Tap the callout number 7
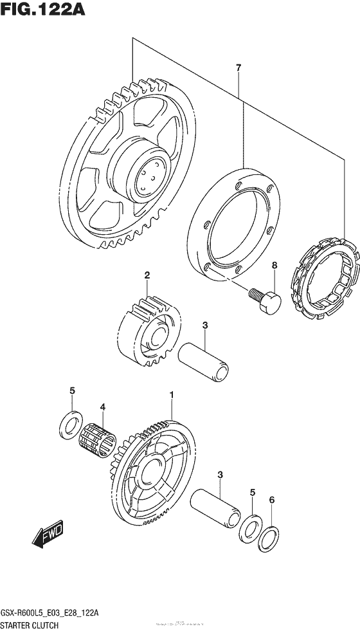point(238,68)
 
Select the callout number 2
point(147,275)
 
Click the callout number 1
point(172,392)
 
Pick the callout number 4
point(102,407)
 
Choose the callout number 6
point(271,499)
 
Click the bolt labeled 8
point(263,300)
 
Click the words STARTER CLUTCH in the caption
point(32,625)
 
